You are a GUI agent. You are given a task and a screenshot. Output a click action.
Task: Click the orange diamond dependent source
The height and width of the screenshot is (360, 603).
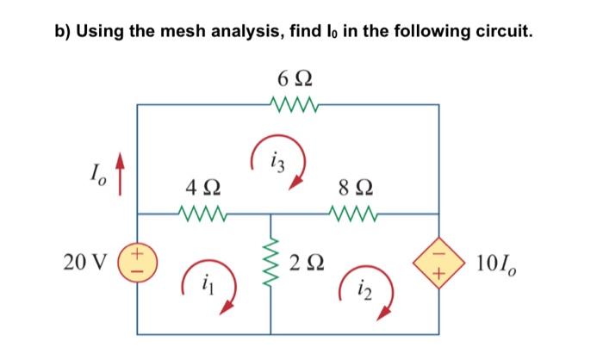(439, 260)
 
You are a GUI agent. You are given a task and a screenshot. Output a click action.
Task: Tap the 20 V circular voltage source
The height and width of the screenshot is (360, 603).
(139, 261)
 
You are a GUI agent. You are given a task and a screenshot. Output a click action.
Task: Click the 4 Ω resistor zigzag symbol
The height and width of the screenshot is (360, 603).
(202, 212)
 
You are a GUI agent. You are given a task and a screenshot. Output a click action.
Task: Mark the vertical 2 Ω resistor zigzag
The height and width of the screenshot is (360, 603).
(273, 261)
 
